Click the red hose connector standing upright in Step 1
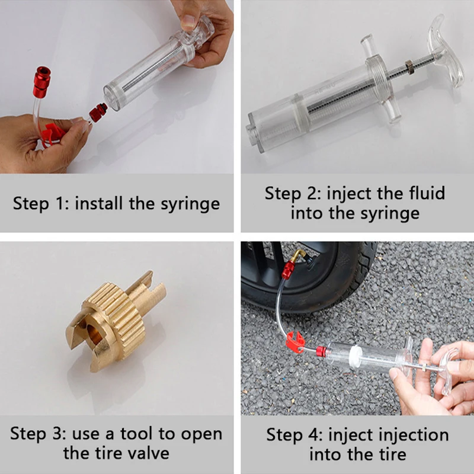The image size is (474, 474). point(41,82)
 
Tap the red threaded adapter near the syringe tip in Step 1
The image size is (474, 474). point(98,113)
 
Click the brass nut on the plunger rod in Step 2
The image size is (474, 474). point(409,65)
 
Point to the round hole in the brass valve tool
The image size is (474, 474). point(94,334)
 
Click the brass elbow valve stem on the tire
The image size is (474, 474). point(299,256)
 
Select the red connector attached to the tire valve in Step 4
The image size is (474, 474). point(289,270)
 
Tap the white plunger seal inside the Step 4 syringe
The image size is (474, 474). point(354,355)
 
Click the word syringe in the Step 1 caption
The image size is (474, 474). point(190,204)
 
